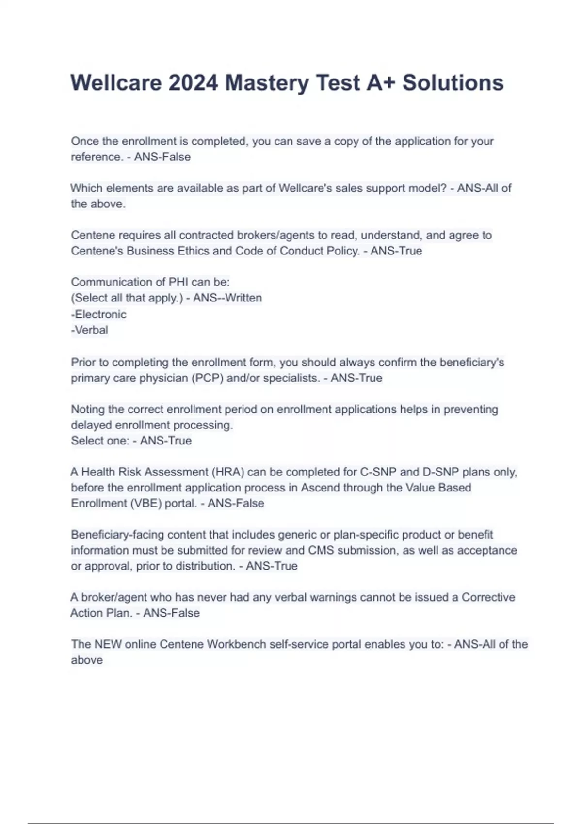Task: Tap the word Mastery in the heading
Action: [267, 83]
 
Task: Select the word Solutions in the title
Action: [453, 83]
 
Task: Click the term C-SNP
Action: [378, 472]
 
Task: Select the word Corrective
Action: [488, 597]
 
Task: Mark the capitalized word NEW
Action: [108, 644]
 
